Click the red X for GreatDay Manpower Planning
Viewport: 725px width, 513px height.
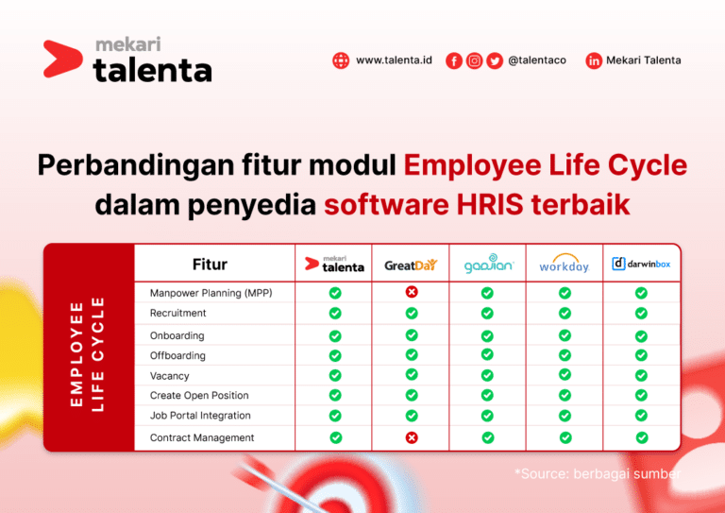412,292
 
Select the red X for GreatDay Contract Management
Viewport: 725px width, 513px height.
412,437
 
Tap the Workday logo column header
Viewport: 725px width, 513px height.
564,264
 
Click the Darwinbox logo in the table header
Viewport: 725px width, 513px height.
641,264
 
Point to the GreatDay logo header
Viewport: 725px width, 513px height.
412,265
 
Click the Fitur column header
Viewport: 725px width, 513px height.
210,265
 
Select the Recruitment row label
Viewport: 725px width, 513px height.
177,313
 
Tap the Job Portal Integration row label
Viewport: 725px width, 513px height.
200,416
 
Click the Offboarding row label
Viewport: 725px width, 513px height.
177,355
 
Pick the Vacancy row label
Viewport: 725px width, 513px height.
170,376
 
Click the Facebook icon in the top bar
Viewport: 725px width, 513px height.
454,60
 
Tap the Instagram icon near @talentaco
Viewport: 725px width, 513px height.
474,60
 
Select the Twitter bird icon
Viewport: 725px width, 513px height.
495,60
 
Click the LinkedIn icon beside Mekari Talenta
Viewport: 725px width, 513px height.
594,60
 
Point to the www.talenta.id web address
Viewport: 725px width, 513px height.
394,60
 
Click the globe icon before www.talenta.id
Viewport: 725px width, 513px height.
341,60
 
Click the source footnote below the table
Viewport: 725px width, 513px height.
598,473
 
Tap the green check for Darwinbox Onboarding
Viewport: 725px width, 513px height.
641,335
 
